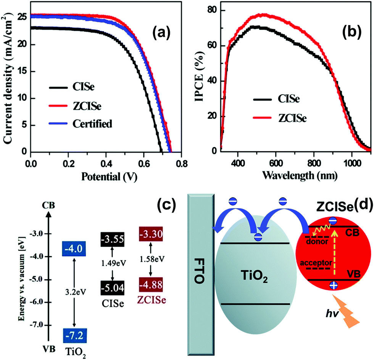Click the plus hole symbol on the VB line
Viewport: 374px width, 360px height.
point(333,286)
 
